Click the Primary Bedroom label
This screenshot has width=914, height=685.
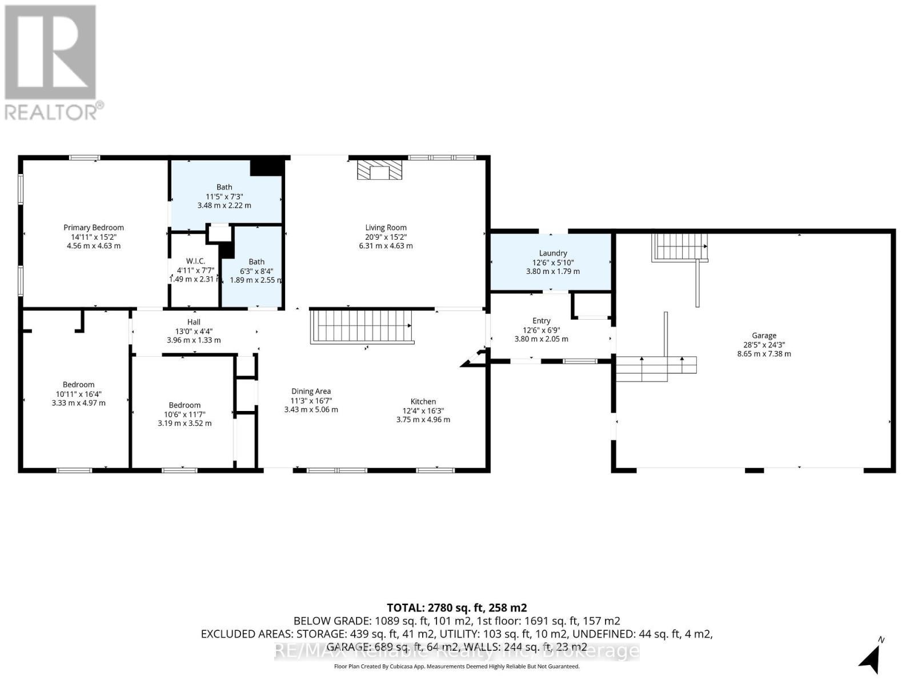(93, 227)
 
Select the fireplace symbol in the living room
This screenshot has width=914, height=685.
(379, 170)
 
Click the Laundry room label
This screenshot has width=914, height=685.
(552, 253)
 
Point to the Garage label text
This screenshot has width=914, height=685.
(764, 336)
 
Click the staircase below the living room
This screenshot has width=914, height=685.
(361, 327)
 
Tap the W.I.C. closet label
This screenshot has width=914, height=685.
(195, 261)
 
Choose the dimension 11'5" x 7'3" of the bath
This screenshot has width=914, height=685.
(224, 196)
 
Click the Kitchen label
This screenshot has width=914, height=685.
(423, 401)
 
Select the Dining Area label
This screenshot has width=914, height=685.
(311, 391)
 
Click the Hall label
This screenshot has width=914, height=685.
(194, 322)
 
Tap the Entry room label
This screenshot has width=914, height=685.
(541, 321)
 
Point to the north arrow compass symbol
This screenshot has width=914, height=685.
(871, 656)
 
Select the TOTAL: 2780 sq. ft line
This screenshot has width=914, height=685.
(456, 607)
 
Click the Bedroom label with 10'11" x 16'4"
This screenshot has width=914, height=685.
(78, 384)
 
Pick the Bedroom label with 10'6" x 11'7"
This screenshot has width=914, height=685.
(185, 405)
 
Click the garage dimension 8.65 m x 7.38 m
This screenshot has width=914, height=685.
(764, 354)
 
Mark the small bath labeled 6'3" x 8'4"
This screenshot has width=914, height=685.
(256, 262)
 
